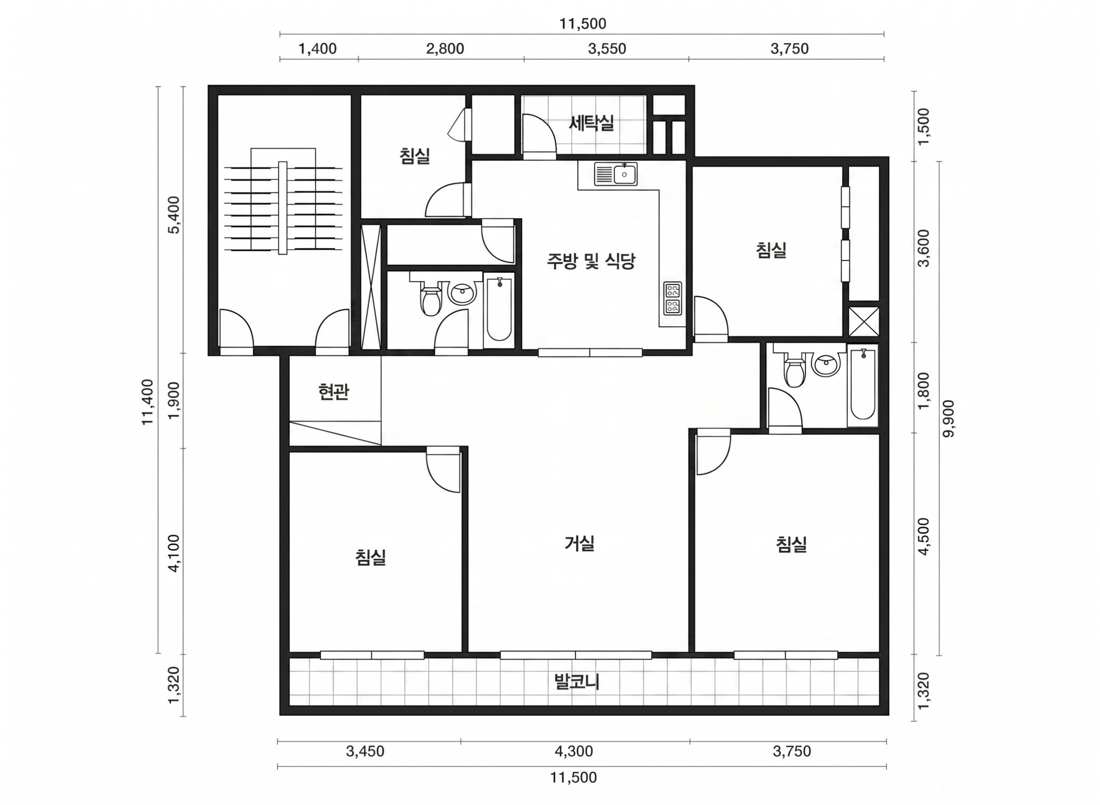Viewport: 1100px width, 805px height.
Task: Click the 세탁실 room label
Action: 591,123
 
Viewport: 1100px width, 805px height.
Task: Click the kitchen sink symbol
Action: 616,174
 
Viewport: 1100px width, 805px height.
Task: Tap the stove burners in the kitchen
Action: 673,298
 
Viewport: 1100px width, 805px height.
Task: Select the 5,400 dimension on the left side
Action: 174,215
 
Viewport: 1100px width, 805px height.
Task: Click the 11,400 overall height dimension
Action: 148,402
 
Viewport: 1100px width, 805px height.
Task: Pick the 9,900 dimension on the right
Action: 948,419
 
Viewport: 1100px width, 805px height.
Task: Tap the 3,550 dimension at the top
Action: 607,49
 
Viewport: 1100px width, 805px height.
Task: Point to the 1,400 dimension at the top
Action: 317,49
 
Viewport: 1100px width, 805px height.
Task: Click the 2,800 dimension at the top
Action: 445,49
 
